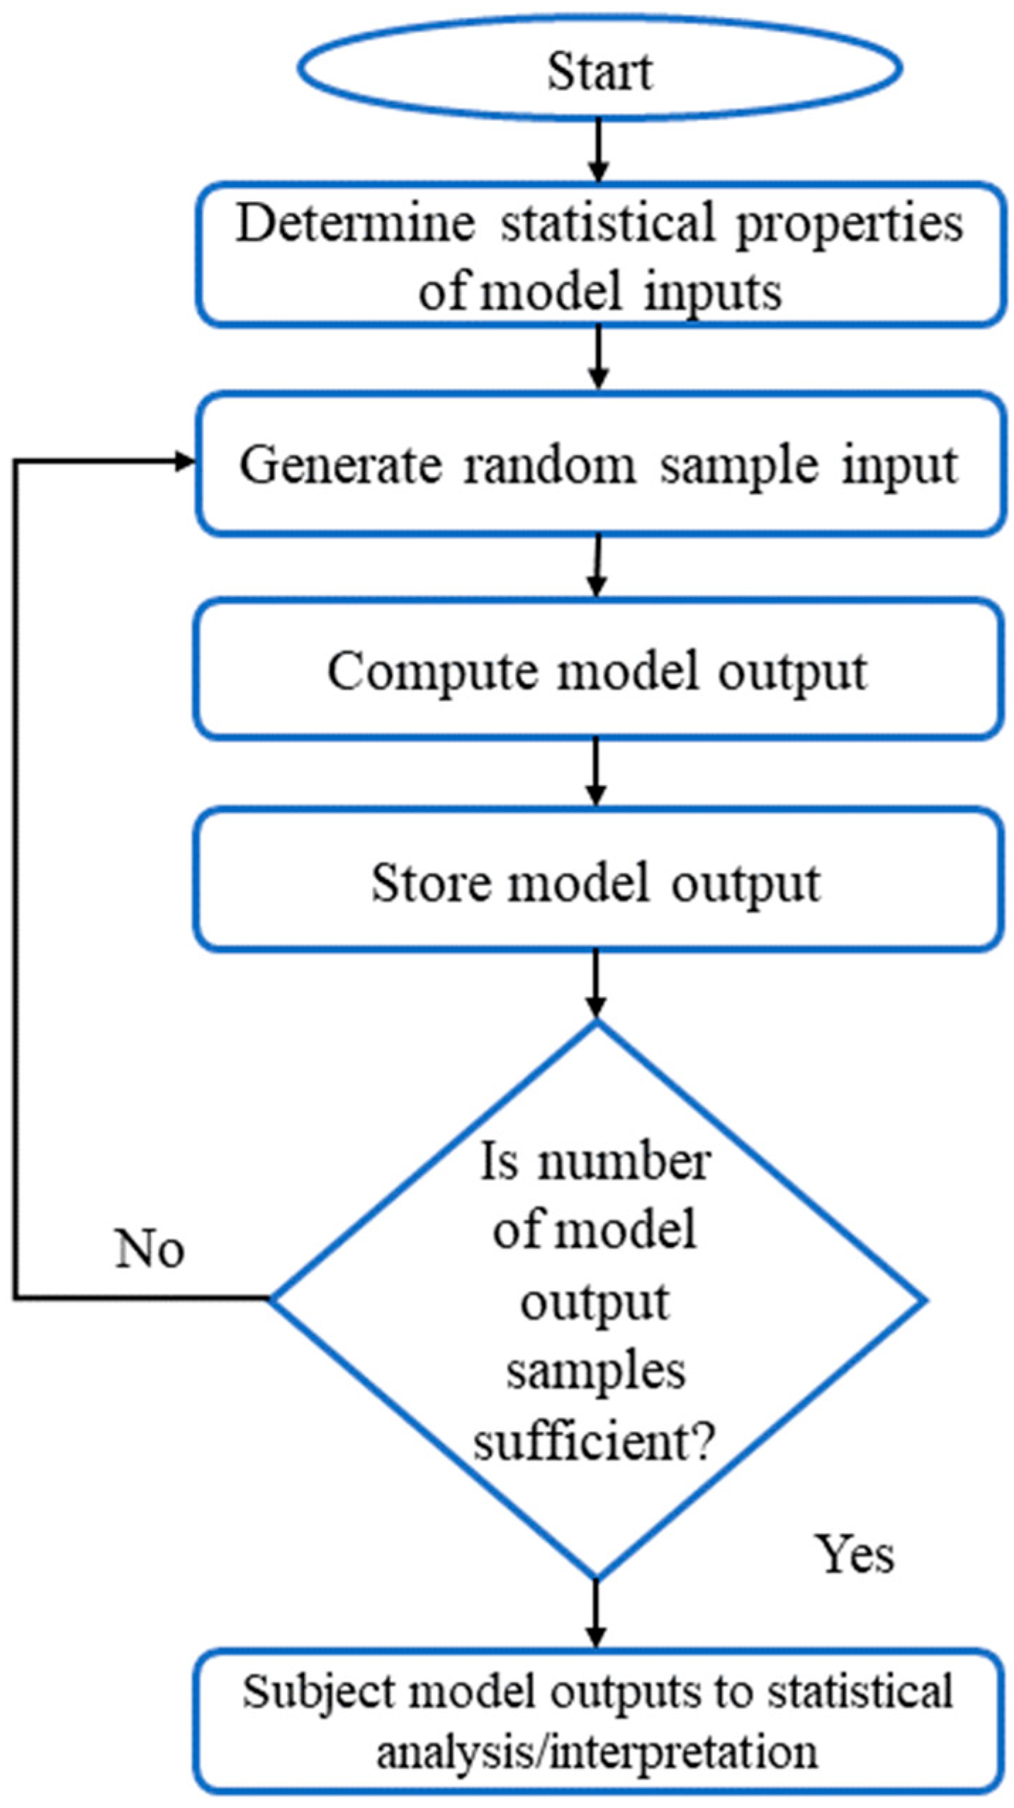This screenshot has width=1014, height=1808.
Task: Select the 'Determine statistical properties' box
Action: (x=601, y=254)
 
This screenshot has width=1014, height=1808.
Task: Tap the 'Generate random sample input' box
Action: (x=601, y=463)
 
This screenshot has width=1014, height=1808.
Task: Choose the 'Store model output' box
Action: (x=599, y=879)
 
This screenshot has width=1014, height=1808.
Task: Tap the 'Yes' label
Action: (x=855, y=1554)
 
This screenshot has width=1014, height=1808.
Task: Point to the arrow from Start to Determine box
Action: (x=599, y=151)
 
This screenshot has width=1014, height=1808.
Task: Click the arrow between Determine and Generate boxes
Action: (x=599, y=358)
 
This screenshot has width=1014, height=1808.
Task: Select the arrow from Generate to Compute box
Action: (x=598, y=567)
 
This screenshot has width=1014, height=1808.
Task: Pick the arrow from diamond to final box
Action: (x=597, y=1615)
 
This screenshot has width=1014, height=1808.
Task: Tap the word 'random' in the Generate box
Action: (x=549, y=465)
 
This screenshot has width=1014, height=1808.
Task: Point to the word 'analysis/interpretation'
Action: (x=597, y=1753)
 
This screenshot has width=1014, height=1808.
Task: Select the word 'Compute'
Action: (x=432, y=672)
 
